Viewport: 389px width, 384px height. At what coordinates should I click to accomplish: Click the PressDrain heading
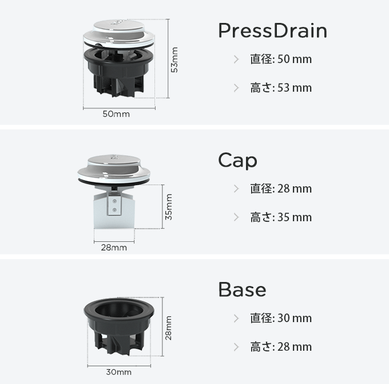coord(273,30)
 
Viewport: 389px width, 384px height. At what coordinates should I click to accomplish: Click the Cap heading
coord(237,160)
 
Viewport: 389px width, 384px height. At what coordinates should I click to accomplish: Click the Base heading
coord(242,289)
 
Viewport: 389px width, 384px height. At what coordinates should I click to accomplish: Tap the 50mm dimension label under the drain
coord(116,114)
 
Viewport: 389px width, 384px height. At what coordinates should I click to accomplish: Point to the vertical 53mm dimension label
coord(174,60)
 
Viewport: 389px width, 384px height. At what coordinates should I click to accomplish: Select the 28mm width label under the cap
coord(114,248)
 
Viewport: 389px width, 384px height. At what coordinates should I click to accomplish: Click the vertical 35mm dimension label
coord(169,207)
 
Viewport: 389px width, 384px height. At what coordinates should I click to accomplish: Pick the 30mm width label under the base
coord(119,372)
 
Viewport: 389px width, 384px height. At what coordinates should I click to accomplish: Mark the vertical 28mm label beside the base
coord(168,328)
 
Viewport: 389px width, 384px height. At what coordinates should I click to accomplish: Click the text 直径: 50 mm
coord(281,59)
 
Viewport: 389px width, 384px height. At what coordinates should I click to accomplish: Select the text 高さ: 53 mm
coord(281,88)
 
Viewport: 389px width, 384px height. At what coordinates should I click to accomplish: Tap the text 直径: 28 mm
coord(281,189)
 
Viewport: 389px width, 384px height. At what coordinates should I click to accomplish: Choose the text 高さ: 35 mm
coord(281,217)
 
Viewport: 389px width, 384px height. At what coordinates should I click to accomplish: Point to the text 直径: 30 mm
coord(281,318)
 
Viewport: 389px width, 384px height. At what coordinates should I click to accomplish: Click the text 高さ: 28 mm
coord(281,347)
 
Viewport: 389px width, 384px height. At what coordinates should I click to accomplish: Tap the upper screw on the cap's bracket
coord(114,201)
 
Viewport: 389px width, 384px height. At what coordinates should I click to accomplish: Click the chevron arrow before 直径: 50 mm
coord(236,60)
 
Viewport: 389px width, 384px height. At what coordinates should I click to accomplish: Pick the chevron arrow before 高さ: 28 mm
coord(236,347)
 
